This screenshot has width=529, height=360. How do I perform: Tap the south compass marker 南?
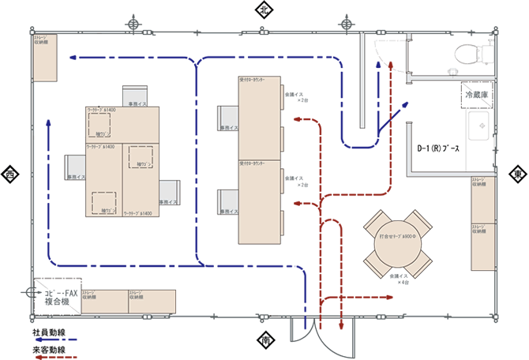pos(264,341)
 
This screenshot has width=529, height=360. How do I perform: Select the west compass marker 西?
pos(10,174)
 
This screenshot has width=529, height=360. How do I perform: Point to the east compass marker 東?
pos(517,174)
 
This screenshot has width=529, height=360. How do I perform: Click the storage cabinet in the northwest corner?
pos(44,57)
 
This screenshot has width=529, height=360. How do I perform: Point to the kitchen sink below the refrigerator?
pos(479,126)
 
